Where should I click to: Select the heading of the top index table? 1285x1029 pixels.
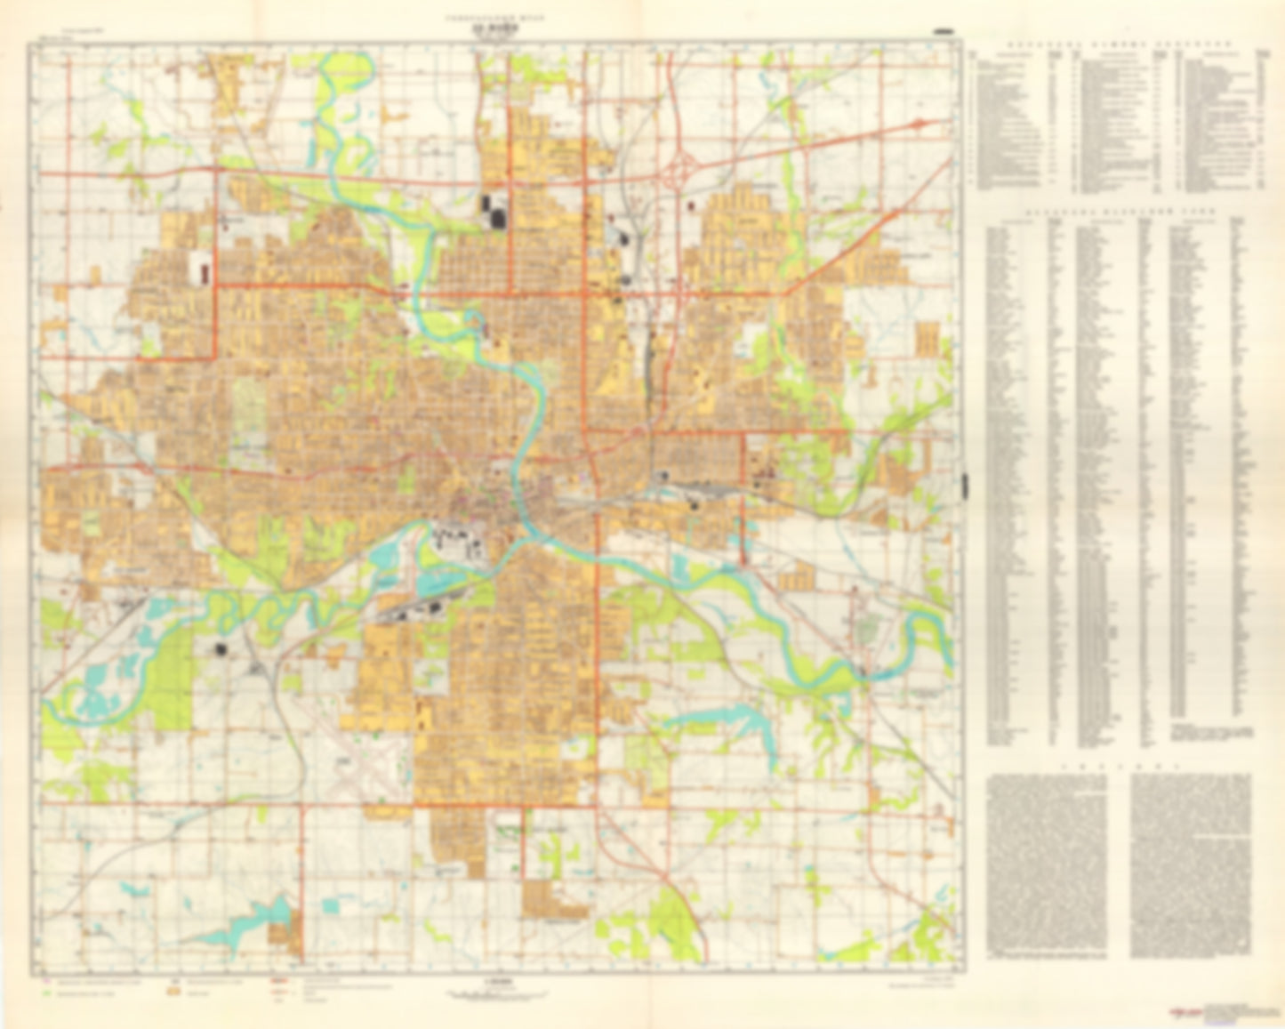[x=1117, y=42]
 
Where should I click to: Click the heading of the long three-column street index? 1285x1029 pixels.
[x=1117, y=214]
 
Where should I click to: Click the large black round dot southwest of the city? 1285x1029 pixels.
[x=219, y=650]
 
